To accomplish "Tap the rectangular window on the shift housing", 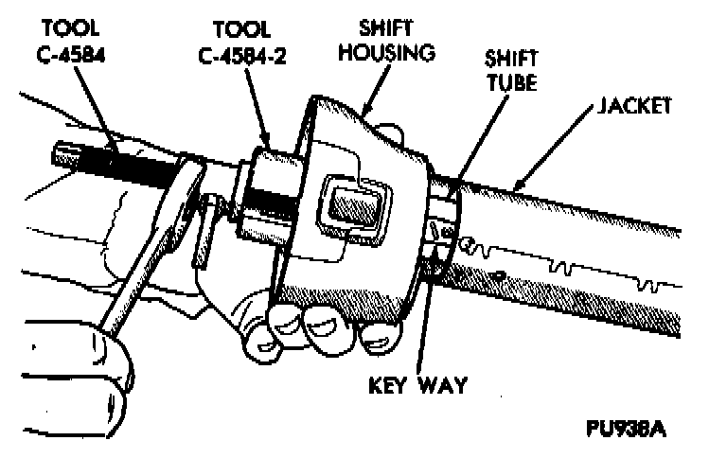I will [354, 201].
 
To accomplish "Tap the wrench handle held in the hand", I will [142, 274].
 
